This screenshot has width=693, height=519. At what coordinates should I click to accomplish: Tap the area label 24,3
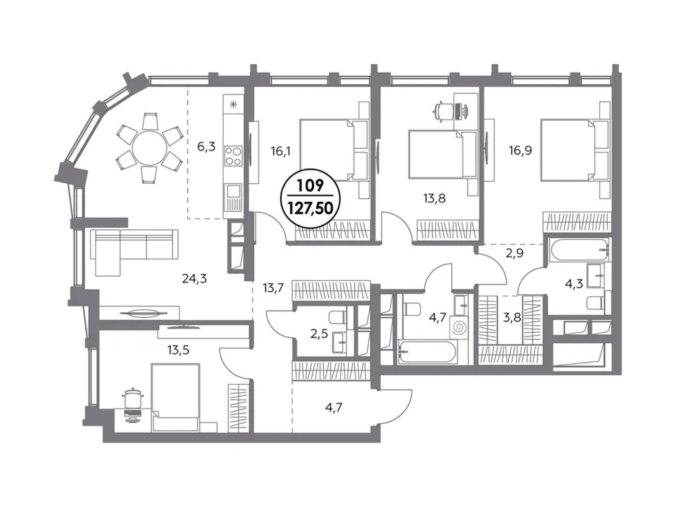[194, 278]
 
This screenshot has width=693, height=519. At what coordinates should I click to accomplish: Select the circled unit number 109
[310, 186]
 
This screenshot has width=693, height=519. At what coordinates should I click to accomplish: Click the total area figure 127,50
[310, 207]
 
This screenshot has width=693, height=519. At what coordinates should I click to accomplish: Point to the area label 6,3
[206, 146]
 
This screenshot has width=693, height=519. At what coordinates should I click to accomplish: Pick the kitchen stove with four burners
[233, 156]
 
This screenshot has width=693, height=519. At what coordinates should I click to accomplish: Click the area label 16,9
[520, 151]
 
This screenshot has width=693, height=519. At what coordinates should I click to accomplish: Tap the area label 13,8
[435, 199]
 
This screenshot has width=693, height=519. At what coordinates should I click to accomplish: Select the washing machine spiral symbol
[460, 327]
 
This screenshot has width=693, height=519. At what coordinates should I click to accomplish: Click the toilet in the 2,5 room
[338, 316]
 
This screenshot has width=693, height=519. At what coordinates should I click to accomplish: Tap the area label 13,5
[178, 350]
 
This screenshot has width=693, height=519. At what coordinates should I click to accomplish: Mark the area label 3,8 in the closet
[512, 317]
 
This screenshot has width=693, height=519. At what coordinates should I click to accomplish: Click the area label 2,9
[515, 254]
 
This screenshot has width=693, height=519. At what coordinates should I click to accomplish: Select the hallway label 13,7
[273, 288]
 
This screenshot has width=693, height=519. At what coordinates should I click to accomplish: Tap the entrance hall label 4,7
[334, 407]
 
